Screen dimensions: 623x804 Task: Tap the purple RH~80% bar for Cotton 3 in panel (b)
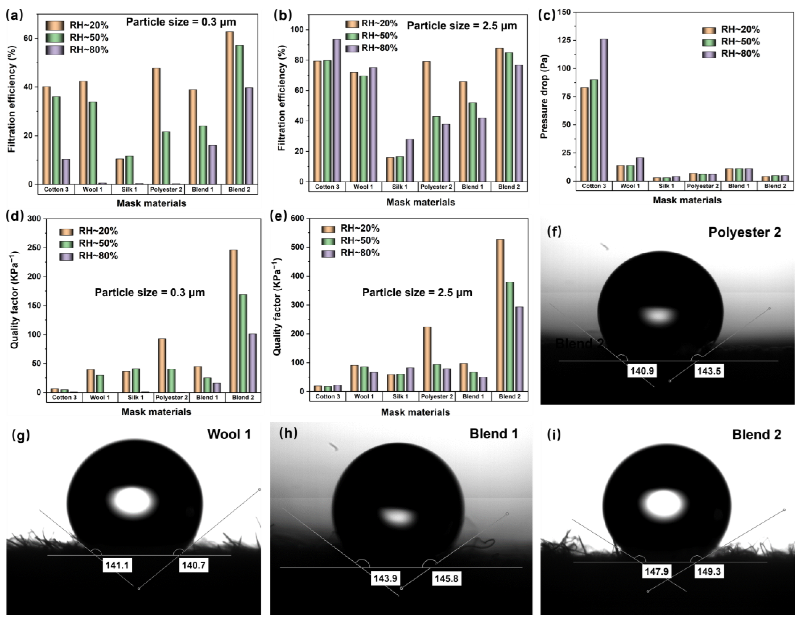tap(336, 110)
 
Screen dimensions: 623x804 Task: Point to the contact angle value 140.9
tap(642, 371)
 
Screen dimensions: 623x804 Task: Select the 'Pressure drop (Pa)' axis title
tap(544, 96)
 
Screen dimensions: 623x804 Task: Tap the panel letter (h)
tap(288, 433)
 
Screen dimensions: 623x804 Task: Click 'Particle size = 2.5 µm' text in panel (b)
tap(462, 26)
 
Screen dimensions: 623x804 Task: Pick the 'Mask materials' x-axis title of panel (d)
tap(156, 412)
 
